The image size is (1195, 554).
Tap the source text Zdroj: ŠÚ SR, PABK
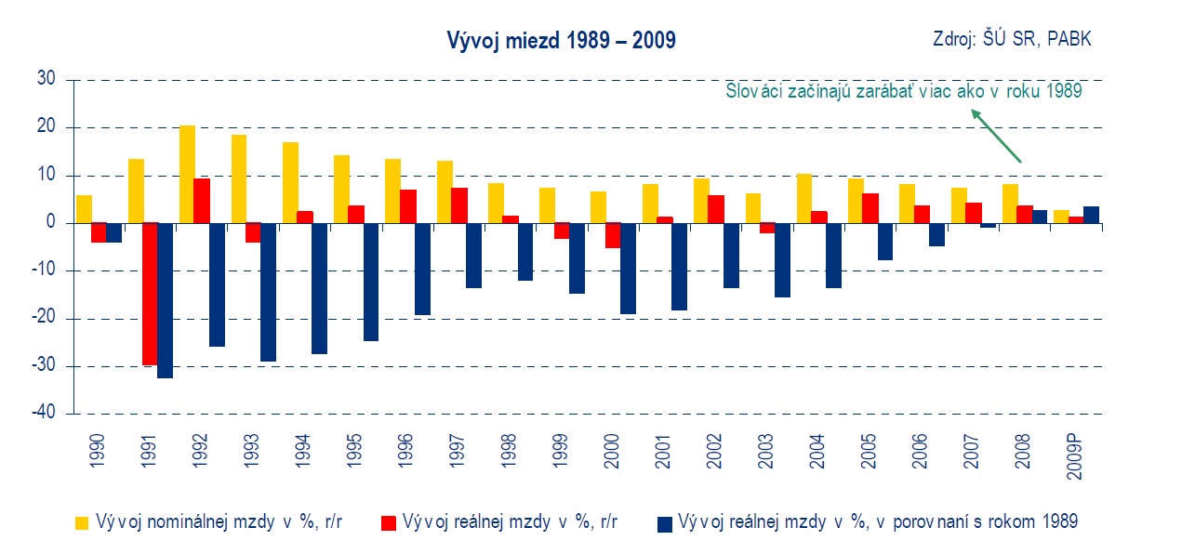[x=1012, y=39]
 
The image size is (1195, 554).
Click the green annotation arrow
[x=996, y=136]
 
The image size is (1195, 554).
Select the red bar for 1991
[x=149, y=294]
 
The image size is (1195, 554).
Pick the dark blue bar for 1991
[x=165, y=300]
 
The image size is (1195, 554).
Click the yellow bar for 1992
[x=187, y=174]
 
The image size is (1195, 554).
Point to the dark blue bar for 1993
[x=268, y=292]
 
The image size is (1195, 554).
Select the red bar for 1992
[x=202, y=201]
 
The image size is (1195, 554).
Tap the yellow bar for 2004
[x=804, y=198]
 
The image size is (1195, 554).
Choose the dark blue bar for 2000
[x=629, y=269]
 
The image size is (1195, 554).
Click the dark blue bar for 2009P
[x=1092, y=215]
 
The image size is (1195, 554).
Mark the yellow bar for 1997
[x=445, y=191]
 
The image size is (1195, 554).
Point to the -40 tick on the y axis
[x=46, y=414]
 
